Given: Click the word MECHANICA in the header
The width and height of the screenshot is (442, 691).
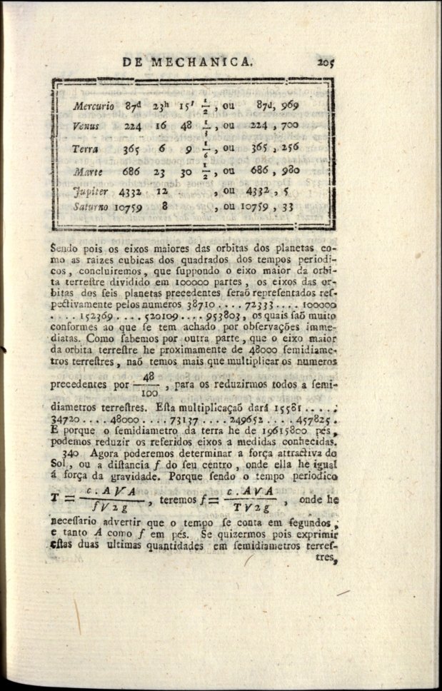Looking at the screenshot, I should point(201,62).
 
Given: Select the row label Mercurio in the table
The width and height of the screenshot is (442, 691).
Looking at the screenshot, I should point(93,106).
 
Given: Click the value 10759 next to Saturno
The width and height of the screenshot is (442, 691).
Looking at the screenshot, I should point(129,207).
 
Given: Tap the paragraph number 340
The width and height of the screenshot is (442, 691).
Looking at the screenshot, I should point(69,453).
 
